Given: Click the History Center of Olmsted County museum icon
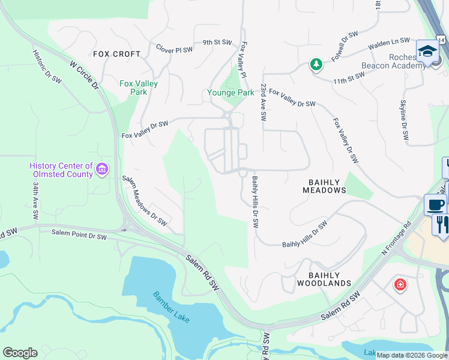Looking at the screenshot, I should [x=102, y=170].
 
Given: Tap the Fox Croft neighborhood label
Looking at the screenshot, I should [x=117, y=54].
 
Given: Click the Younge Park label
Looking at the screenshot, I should [x=231, y=93].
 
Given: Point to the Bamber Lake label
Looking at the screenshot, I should [x=171, y=307].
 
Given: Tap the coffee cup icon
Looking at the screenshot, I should [x=435, y=205].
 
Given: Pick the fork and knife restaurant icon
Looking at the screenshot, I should [x=442, y=224].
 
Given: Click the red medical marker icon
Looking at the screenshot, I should [x=400, y=284].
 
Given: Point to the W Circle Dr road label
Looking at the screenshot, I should [x=83, y=74].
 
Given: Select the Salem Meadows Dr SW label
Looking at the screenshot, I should [x=145, y=200].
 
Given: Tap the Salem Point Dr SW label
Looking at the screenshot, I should [x=79, y=236].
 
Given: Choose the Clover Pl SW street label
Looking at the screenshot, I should [x=174, y=49].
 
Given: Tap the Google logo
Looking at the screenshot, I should [x=20, y=353].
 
